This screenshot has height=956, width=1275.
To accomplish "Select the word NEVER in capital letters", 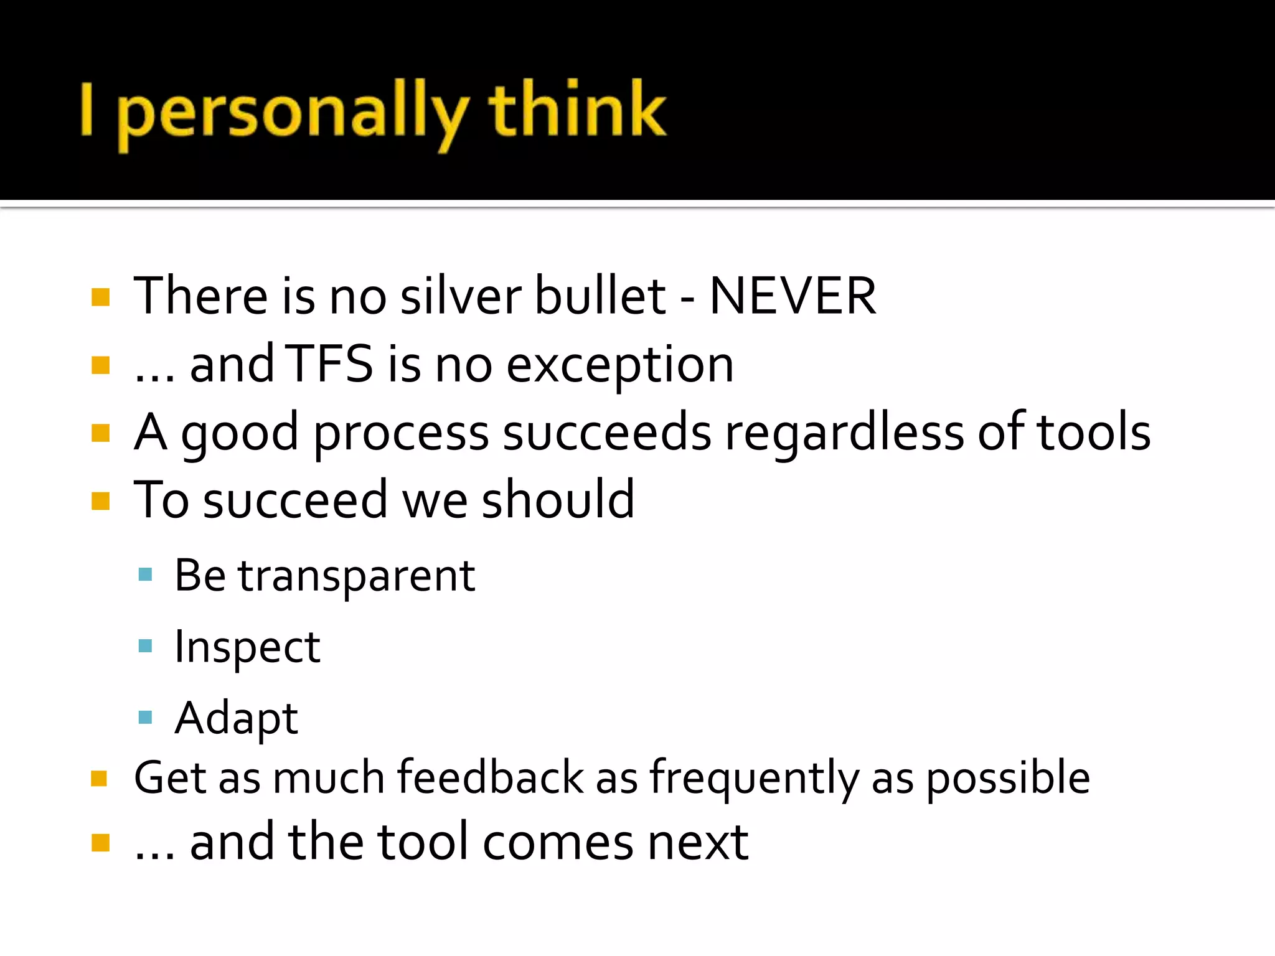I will pyautogui.click(x=793, y=296).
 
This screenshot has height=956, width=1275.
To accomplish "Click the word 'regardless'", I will pyautogui.click(x=844, y=433).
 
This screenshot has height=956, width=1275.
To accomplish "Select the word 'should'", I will pyautogui.click(x=558, y=499).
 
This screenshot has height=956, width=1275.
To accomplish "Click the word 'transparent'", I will pyautogui.click(x=357, y=576).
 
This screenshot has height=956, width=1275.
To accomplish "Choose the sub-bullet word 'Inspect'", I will pyautogui.click(x=247, y=648).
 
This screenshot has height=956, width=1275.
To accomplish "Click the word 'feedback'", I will pyautogui.click(x=491, y=777).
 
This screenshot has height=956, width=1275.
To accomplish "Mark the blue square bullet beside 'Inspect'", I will pyautogui.click(x=145, y=645).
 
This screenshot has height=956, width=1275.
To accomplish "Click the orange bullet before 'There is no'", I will pyautogui.click(x=100, y=298).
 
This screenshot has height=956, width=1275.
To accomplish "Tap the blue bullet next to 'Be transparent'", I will pyautogui.click(x=145, y=574).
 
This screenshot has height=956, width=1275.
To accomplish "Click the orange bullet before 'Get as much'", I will pyautogui.click(x=100, y=779).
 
